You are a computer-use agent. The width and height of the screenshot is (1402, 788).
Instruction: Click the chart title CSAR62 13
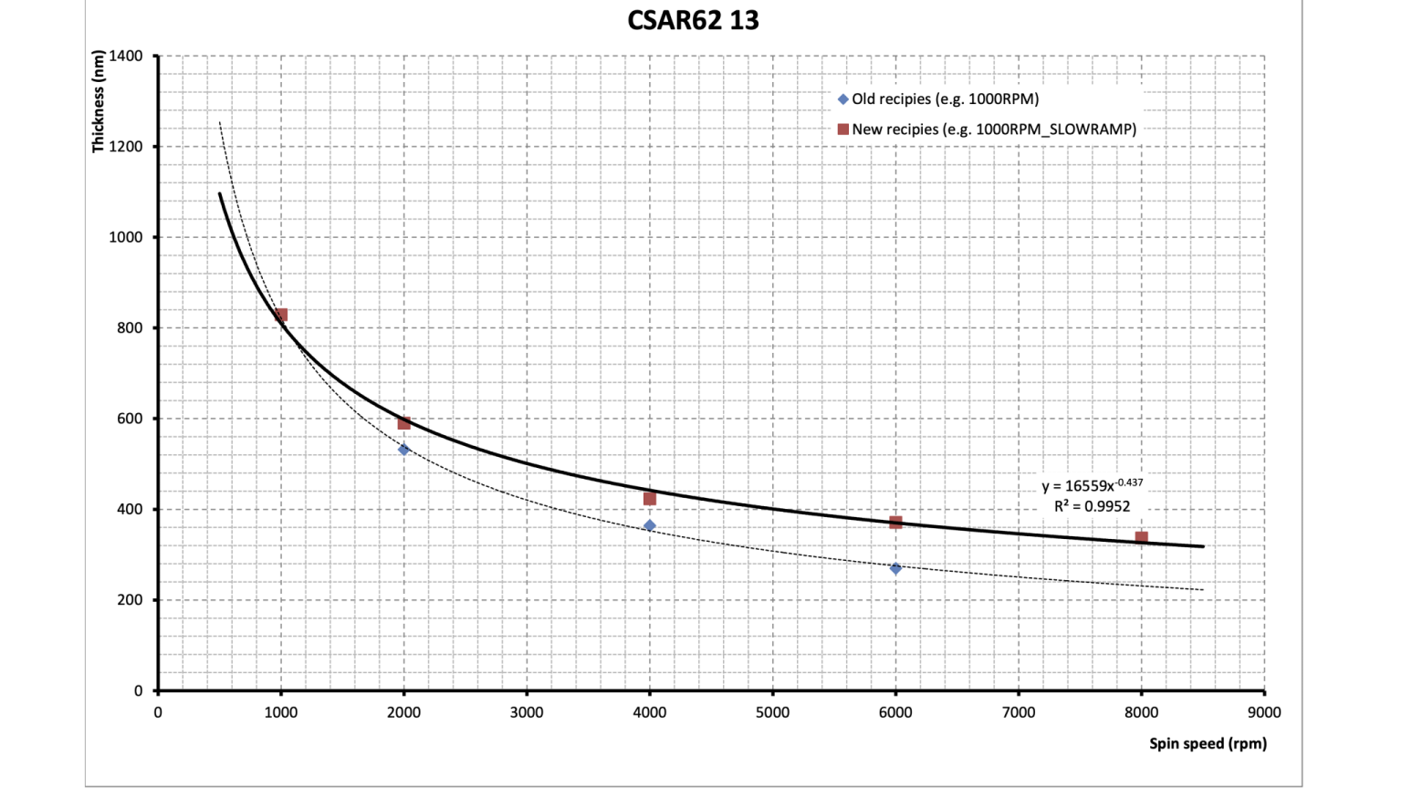693,20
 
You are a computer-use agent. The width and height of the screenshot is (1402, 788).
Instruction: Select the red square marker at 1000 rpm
281,315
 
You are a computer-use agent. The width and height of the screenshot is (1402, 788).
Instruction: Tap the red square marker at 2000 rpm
403,423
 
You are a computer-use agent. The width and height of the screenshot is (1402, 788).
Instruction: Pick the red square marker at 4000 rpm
650,499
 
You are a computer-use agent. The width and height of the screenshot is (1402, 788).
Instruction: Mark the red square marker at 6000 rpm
895,523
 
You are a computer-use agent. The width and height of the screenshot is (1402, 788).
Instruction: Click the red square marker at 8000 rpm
1141,538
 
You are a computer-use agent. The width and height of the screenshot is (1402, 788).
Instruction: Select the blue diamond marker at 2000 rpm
403,450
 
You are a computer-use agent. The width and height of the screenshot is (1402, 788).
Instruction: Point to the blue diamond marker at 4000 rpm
650,525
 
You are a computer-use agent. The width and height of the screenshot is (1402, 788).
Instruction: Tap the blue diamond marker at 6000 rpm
895,568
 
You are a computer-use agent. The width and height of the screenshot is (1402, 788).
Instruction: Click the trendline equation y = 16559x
1092,485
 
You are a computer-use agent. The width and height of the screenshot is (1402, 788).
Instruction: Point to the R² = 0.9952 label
1092,506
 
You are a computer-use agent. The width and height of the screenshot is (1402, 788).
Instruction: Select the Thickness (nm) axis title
98,101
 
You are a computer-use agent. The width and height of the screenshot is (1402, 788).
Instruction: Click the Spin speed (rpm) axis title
1208,743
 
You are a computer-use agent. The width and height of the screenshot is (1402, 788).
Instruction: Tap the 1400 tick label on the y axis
126,56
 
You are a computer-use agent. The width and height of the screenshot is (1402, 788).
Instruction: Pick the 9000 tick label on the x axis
1264,712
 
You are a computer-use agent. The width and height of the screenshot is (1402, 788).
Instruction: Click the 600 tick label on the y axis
131,419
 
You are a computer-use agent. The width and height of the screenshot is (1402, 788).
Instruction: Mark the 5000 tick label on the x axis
772,712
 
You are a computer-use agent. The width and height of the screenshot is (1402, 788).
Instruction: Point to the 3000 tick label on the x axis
527,712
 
